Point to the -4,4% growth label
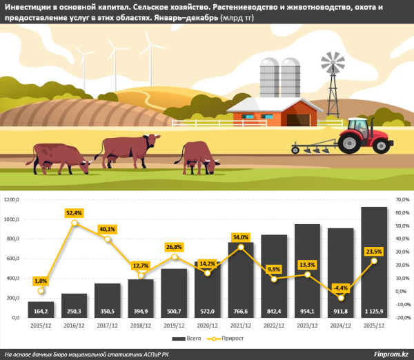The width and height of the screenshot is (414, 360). pos(339,287)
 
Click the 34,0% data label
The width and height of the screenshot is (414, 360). pos(241,238)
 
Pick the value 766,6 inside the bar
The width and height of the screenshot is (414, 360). pos(241,311)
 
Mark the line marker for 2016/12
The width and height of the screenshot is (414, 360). pos(75,223)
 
